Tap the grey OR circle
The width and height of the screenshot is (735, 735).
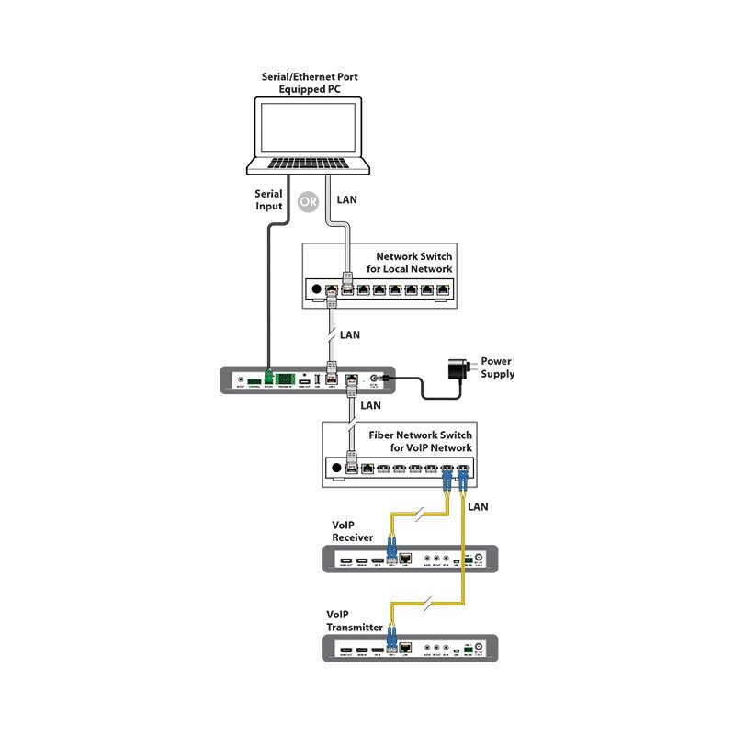pos(309,199)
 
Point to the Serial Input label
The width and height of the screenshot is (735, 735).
pos(269,200)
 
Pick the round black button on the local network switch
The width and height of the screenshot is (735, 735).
pos(318,289)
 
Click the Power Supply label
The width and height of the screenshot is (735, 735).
pos(498,367)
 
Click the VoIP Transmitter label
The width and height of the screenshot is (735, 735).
pos(355,620)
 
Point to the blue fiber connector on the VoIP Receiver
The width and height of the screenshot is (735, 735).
pos(390,554)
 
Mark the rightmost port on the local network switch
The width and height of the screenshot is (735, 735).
pos(444,290)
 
